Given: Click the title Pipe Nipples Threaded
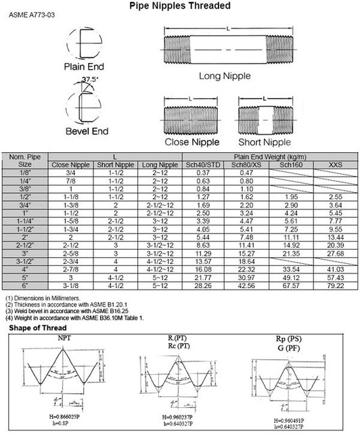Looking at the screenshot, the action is (180, 6).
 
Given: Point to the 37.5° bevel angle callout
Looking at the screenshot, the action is (90, 80).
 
